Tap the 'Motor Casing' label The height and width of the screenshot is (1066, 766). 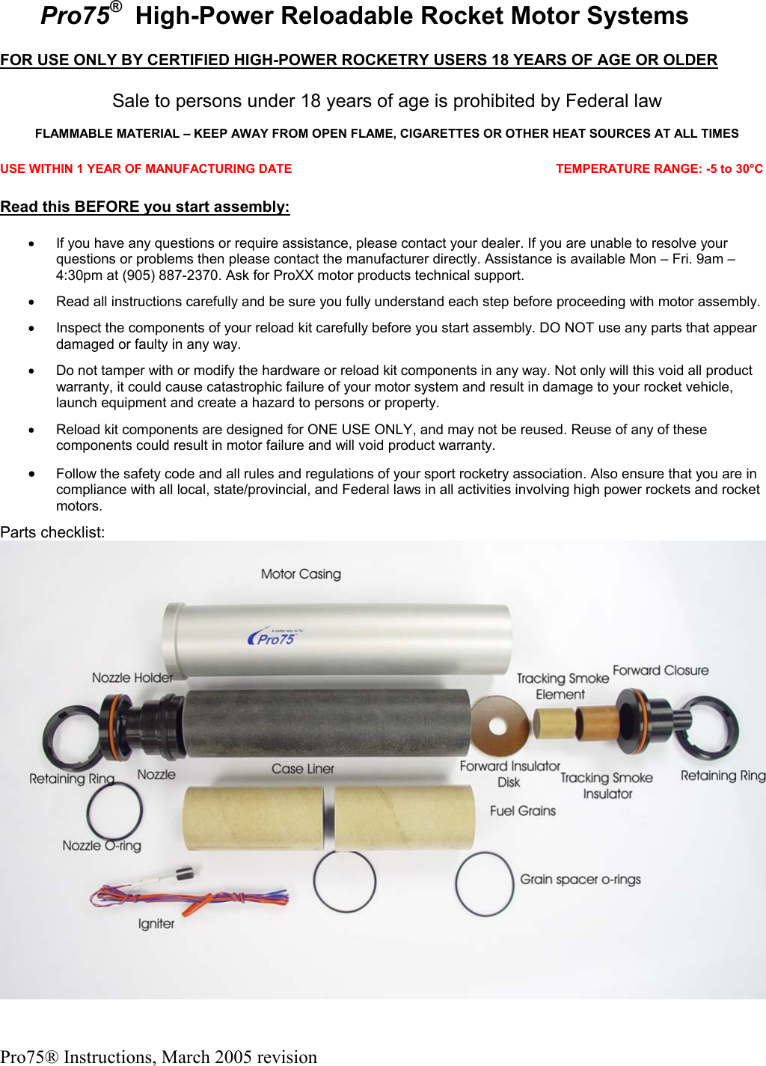click(x=301, y=574)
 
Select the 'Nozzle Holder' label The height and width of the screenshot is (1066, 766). click(x=132, y=677)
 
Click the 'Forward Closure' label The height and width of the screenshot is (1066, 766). click(x=661, y=670)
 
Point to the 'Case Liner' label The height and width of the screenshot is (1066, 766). click(x=302, y=769)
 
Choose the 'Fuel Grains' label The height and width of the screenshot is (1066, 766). click(x=523, y=811)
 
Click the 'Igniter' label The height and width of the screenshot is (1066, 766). click(x=156, y=924)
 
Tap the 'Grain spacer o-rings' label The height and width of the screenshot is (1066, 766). click(x=580, y=879)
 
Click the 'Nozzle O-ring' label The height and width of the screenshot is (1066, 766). click(x=102, y=846)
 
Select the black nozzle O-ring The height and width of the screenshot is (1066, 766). click(x=114, y=811)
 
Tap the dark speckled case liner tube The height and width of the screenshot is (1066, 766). click(x=327, y=722)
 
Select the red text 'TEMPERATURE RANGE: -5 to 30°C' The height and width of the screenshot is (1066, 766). click(x=659, y=169)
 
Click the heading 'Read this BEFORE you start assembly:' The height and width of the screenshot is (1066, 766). click(x=145, y=207)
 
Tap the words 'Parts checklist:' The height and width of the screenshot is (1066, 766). click(x=52, y=532)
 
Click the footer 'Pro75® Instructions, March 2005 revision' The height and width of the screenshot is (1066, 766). click(x=159, y=1056)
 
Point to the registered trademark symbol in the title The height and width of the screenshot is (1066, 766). click(x=116, y=7)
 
